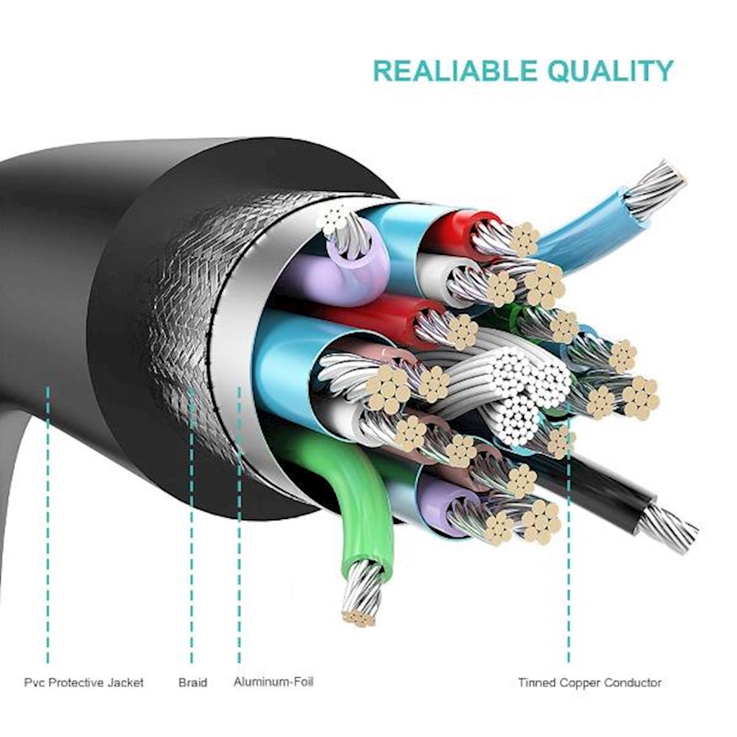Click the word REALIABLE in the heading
(x=456, y=71)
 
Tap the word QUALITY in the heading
(x=610, y=71)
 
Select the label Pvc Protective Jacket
(x=83, y=682)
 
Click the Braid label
(x=192, y=682)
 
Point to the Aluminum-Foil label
(x=273, y=681)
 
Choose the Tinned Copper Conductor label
(x=589, y=682)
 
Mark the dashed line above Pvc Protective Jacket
(x=48, y=525)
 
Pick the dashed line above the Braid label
(x=191, y=533)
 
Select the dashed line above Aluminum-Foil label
(x=239, y=533)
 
